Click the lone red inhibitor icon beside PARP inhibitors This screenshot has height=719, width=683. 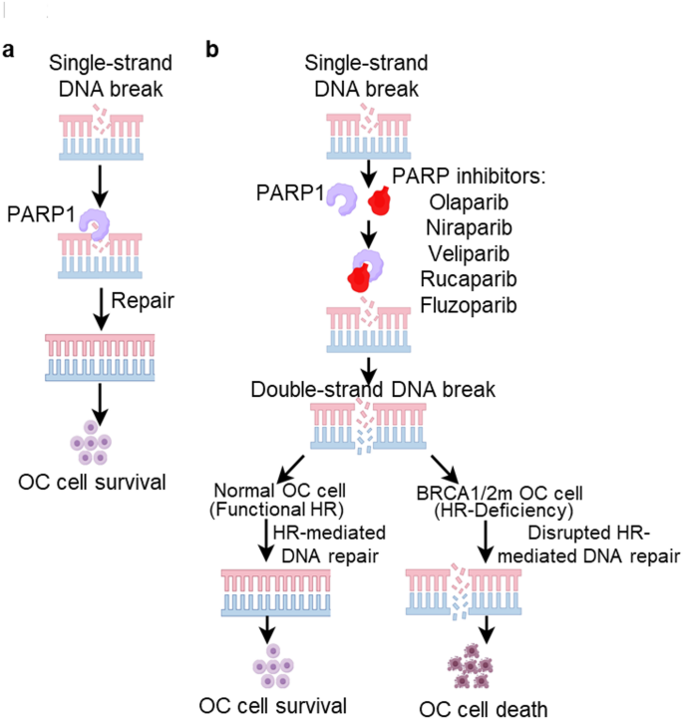[x=380, y=203]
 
